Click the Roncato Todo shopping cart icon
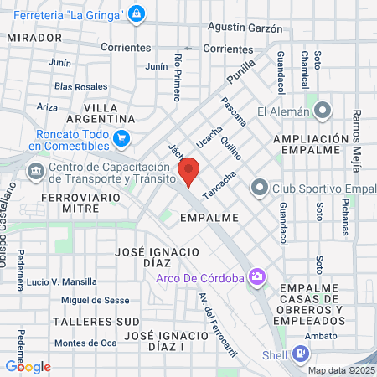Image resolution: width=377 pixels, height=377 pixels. coord(122,138)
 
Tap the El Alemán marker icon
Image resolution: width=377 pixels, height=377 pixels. coord(324,111)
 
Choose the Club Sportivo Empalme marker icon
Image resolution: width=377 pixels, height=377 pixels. coord(259,187)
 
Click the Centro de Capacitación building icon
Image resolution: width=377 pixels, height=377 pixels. coord(36,172)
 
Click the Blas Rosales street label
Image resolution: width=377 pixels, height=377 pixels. coord(80,86)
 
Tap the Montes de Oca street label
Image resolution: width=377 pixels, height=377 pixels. coord(85,343)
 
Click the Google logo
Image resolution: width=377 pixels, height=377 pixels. coord(28,366)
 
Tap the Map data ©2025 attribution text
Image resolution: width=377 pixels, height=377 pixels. coord(342,370)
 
